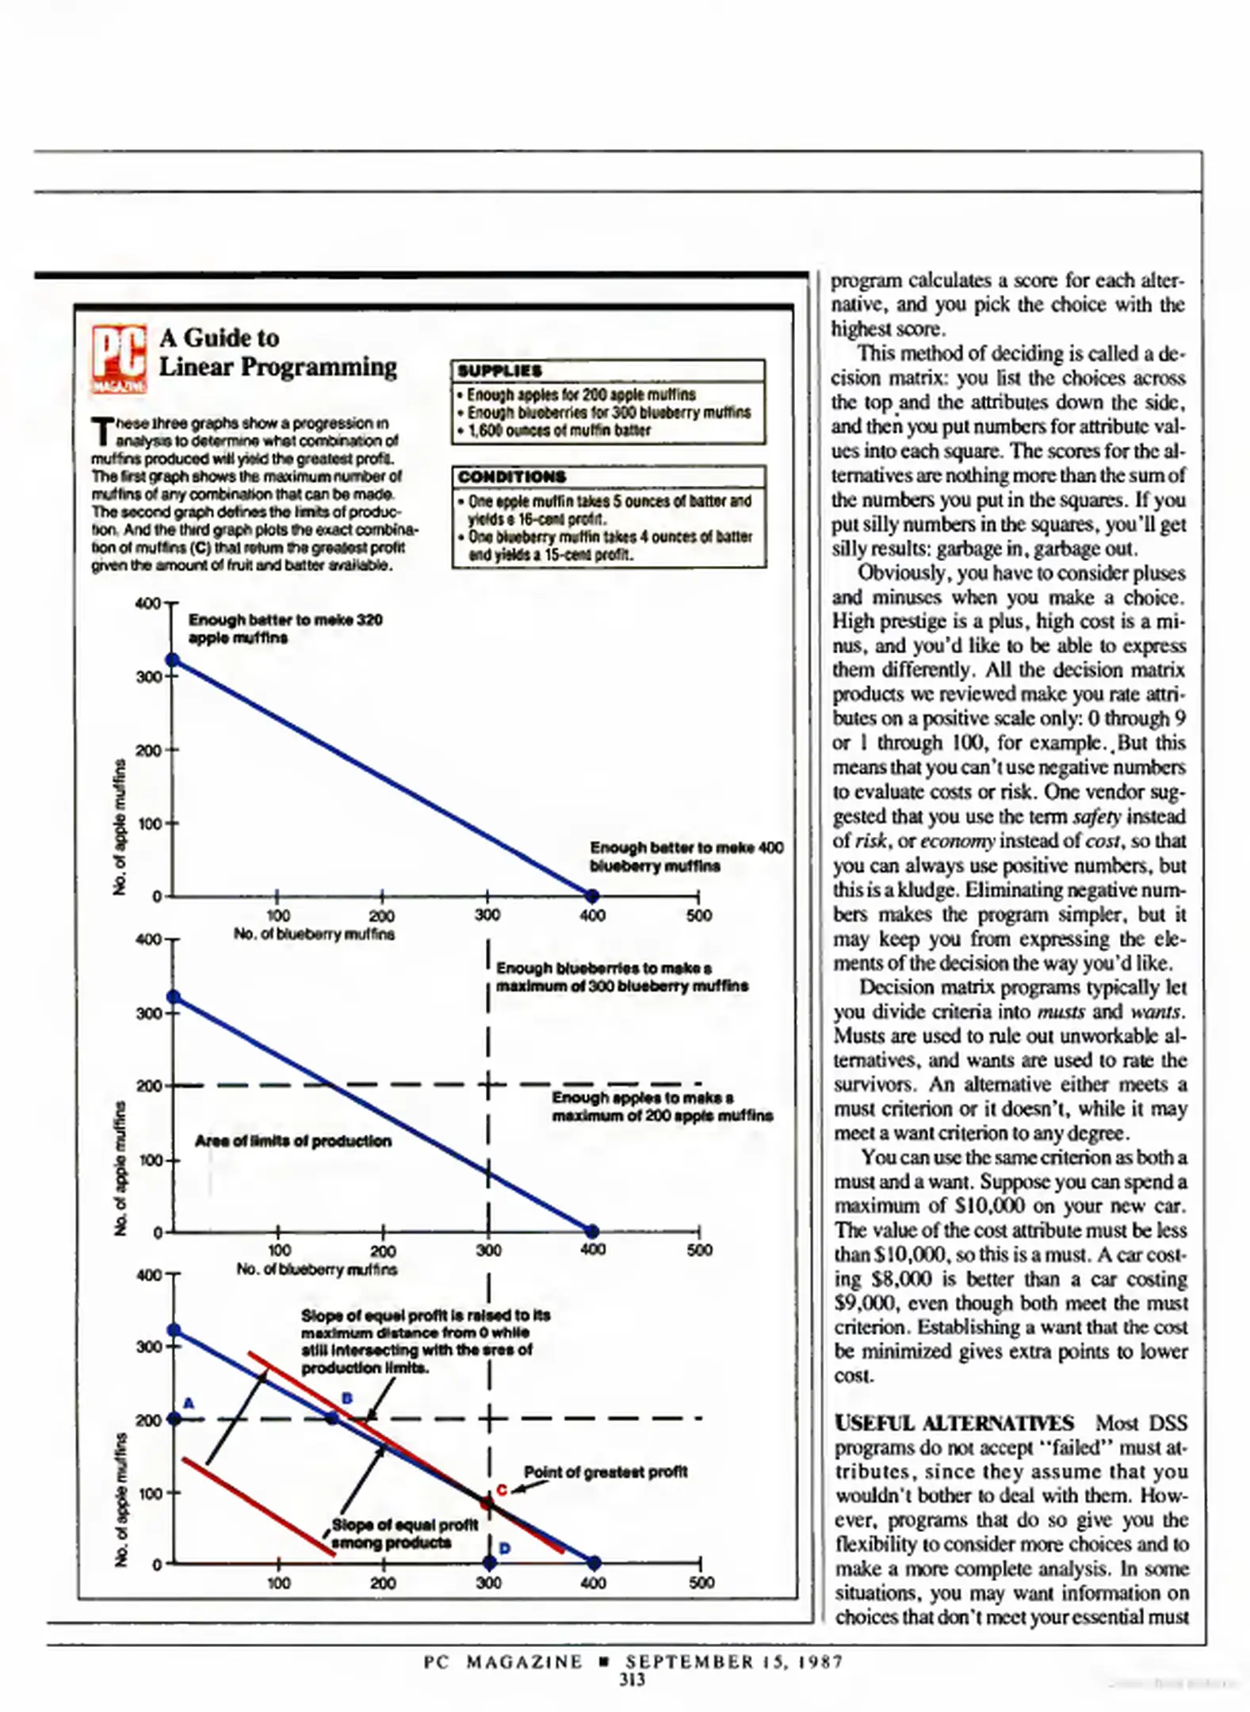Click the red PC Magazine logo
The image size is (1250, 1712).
(119, 359)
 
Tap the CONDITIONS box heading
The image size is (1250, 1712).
(512, 477)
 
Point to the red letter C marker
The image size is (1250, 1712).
(502, 1490)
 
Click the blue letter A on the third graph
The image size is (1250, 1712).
(189, 1404)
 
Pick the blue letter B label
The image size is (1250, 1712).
(346, 1398)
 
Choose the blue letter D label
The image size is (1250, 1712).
(505, 1548)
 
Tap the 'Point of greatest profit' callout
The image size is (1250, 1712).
(606, 1472)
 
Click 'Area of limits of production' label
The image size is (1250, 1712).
(293, 1141)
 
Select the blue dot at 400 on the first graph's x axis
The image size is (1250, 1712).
(592, 896)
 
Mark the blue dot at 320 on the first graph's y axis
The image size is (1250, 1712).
(172, 660)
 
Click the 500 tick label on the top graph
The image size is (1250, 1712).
(699, 915)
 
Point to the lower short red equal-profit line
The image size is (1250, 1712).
(258, 1509)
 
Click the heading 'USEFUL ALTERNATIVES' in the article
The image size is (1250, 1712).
(954, 1423)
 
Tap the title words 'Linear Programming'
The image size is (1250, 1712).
(278, 367)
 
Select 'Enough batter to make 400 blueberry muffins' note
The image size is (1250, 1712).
(686, 857)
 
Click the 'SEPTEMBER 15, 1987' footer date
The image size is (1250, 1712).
(734, 1661)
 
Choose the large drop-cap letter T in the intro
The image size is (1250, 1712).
(101, 432)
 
